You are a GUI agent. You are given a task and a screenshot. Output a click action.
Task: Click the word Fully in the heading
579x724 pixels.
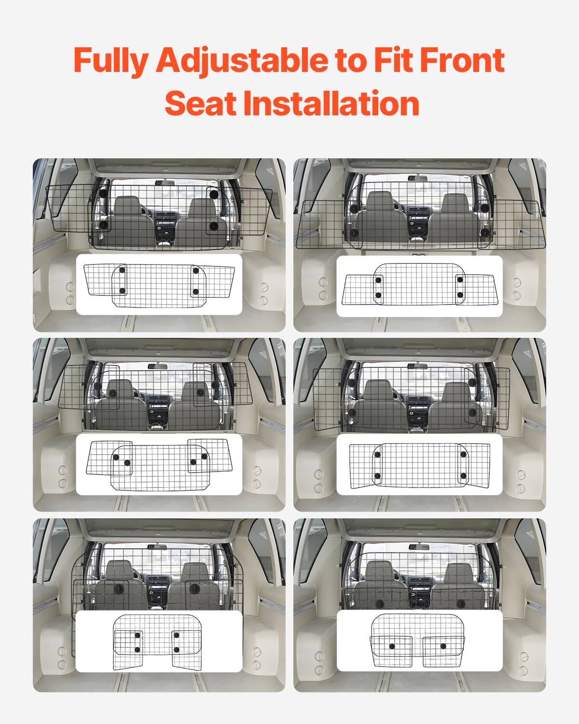pyautogui.click(x=111, y=60)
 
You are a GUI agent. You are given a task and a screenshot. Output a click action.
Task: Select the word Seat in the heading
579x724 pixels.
pyautogui.click(x=199, y=103)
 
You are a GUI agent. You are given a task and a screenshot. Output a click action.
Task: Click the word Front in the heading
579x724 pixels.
pyautogui.click(x=462, y=60)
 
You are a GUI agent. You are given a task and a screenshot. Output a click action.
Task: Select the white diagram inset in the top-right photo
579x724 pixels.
pyautogui.click(x=419, y=286)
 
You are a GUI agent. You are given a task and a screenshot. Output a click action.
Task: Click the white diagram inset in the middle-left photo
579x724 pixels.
pyautogui.click(x=159, y=464)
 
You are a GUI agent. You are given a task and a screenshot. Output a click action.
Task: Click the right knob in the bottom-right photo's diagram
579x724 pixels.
pyautogui.click(x=443, y=646)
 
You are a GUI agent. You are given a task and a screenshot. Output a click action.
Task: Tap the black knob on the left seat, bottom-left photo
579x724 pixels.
pyautogui.click(x=119, y=590)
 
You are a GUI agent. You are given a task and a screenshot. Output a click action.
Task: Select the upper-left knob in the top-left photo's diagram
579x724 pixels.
pyautogui.click(x=122, y=270)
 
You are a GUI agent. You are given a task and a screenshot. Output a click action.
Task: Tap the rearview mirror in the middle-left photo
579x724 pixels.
pyautogui.click(x=184, y=366)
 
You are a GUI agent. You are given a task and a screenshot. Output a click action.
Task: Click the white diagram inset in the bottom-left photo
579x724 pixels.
pyautogui.click(x=159, y=641)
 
